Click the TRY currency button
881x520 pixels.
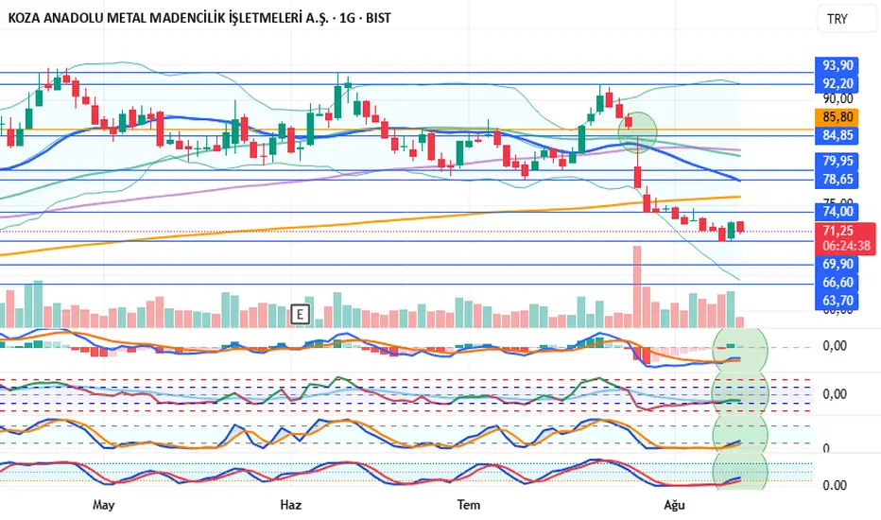pos(838,19)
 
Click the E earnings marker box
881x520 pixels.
pos(301,314)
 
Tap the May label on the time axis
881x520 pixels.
pos(104,505)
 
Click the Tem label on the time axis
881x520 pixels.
pos(467,505)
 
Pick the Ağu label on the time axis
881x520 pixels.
pos(673,505)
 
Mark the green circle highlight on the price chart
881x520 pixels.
pos(637,130)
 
